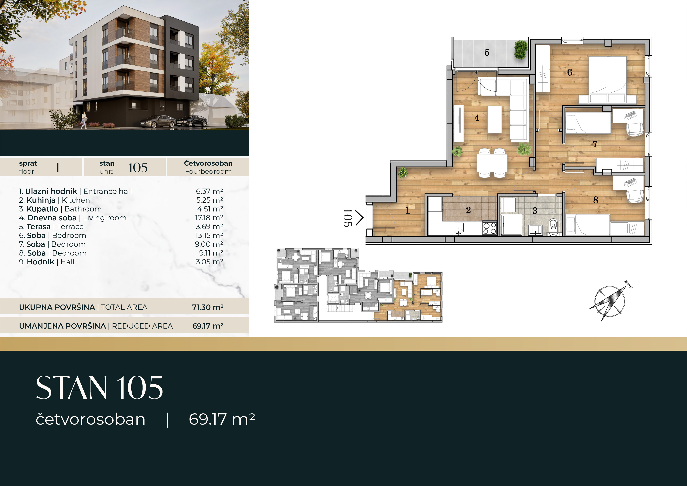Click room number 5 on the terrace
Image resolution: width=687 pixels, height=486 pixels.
tap(487, 53)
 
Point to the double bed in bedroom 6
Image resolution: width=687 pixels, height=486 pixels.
tap(607, 80)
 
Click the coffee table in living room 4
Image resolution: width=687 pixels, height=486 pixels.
tap(495, 120)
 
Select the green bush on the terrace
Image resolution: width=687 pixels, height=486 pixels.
tap(521, 50)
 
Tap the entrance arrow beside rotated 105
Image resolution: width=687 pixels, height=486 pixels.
tap(359, 218)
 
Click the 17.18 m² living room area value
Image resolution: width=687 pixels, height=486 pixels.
tap(209, 218)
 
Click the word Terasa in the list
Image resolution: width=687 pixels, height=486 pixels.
tap(39, 227)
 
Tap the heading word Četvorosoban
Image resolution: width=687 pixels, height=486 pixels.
tap(208, 163)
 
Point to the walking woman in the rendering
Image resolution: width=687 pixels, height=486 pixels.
tap(83, 120)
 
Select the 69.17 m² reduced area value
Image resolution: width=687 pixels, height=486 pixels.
tap(208, 326)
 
